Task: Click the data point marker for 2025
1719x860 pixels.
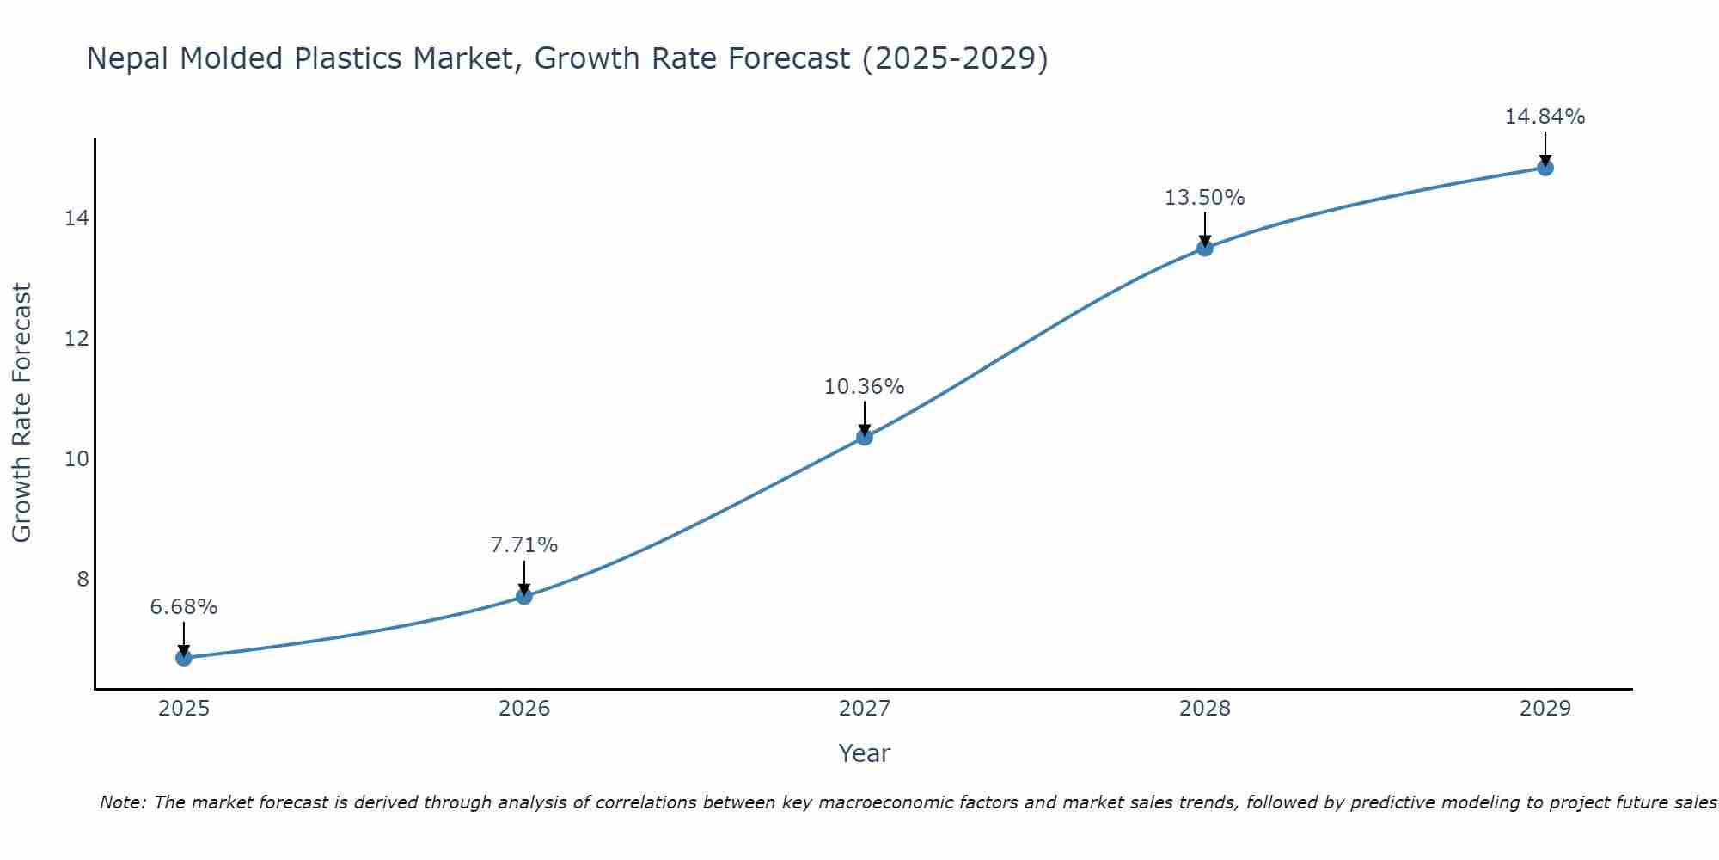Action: click(x=184, y=658)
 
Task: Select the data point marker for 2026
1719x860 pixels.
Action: click(x=524, y=596)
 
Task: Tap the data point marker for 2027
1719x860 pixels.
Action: click(x=865, y=437)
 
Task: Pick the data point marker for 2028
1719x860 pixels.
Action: click(x=1205, y=248)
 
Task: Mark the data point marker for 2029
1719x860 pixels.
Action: click(x=1545, y=168)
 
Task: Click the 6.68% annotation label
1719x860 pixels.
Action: click(x=184, y=607)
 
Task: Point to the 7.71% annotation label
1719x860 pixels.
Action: click(x=524, y=545)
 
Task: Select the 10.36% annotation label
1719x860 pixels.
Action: click(x=865, y=387)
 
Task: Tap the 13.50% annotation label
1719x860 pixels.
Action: click(x=1205, y=198)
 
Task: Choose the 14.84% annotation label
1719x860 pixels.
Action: click(x=1545, y=117)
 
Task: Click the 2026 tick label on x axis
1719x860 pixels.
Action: click(x=524, y=709)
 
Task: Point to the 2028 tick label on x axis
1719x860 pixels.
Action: click(x=1205, y=709)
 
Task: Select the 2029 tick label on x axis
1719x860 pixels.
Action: click(x=1545, y=709)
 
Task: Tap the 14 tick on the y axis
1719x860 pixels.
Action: click(x=76, y=218)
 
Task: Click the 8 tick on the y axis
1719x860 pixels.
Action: click(x=83, y=579)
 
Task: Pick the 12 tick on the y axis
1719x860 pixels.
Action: click(x=76, y=339)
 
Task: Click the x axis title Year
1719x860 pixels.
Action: click(x=865, y=753)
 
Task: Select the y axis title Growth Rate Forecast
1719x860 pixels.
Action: click(x=21, y=413)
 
